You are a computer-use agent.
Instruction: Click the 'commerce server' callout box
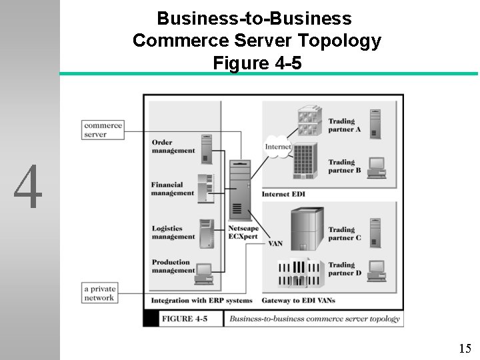103,129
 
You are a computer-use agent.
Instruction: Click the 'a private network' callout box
100,293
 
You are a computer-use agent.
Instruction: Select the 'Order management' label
173,146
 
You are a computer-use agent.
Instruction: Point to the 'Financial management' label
172,189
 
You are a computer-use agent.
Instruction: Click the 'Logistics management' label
173,233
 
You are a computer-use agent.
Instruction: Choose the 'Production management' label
173,266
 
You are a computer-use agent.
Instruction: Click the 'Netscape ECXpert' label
243,232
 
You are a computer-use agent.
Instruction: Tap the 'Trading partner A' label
344,125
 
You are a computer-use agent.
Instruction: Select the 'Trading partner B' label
344,166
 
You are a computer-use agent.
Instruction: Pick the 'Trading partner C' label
344,233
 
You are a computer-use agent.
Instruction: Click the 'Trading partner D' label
344,269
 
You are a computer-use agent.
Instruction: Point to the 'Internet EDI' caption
284,194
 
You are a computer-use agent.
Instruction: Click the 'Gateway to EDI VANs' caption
298,301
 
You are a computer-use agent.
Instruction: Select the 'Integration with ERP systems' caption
201,301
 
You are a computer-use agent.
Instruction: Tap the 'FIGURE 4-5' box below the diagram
185,319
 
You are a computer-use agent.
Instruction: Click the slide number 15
465,348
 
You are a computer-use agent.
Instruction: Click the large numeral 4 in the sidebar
29,187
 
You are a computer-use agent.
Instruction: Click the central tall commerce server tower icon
239,190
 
